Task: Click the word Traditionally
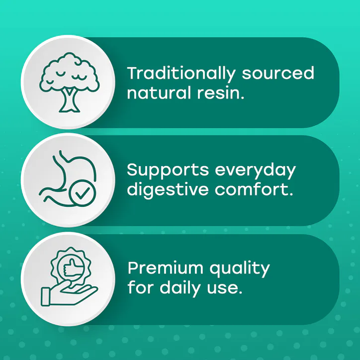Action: coord(181,74)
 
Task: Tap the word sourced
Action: coord(278,73)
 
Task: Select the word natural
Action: coord(159,93)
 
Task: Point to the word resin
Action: coord(221,93)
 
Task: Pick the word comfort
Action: coord(254,189)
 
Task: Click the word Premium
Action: coord(166,268)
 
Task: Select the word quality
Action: coord(240,269)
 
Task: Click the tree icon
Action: coord(69,82)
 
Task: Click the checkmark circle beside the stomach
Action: coord(83,193)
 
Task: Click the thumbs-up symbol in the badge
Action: coord(71,268)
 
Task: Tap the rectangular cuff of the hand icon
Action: coord(45,297)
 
